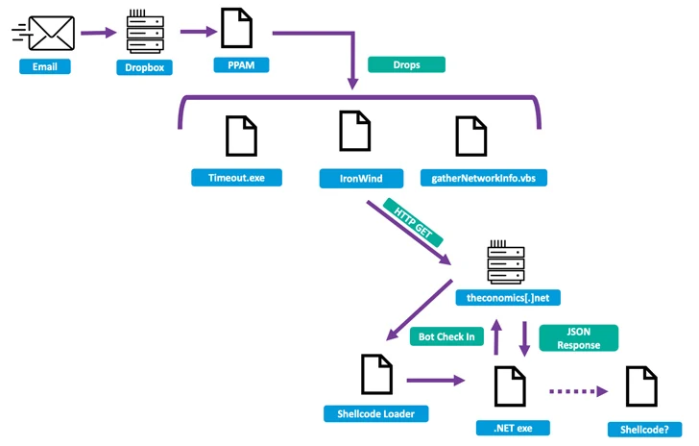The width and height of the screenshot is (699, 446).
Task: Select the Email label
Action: tap(44, 66)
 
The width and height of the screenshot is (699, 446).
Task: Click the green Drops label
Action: tap(406, 65)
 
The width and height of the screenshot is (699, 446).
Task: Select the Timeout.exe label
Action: tap(237, 178)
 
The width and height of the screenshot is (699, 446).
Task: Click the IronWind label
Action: tap(355, 178)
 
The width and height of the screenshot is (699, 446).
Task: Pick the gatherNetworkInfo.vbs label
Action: tap(483, 178)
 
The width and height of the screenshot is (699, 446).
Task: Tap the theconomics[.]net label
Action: tap(506, 298)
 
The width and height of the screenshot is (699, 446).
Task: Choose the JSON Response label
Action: tap(579, 337)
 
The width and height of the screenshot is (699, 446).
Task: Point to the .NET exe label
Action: tap(506, 427)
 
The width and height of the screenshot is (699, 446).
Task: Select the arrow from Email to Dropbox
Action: tap(97, 34)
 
